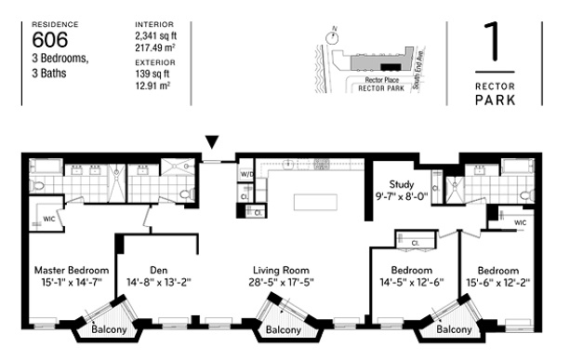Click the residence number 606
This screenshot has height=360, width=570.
pos(53,39)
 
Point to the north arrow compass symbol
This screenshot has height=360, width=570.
pos(330,37)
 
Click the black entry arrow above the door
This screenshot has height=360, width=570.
pos(213,142)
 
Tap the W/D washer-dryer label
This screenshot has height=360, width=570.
pos(247,174)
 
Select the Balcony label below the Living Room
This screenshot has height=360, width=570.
pos(282,330)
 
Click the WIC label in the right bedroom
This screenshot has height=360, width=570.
pos(520,223)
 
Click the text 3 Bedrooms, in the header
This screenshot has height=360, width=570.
pos(62,58)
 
